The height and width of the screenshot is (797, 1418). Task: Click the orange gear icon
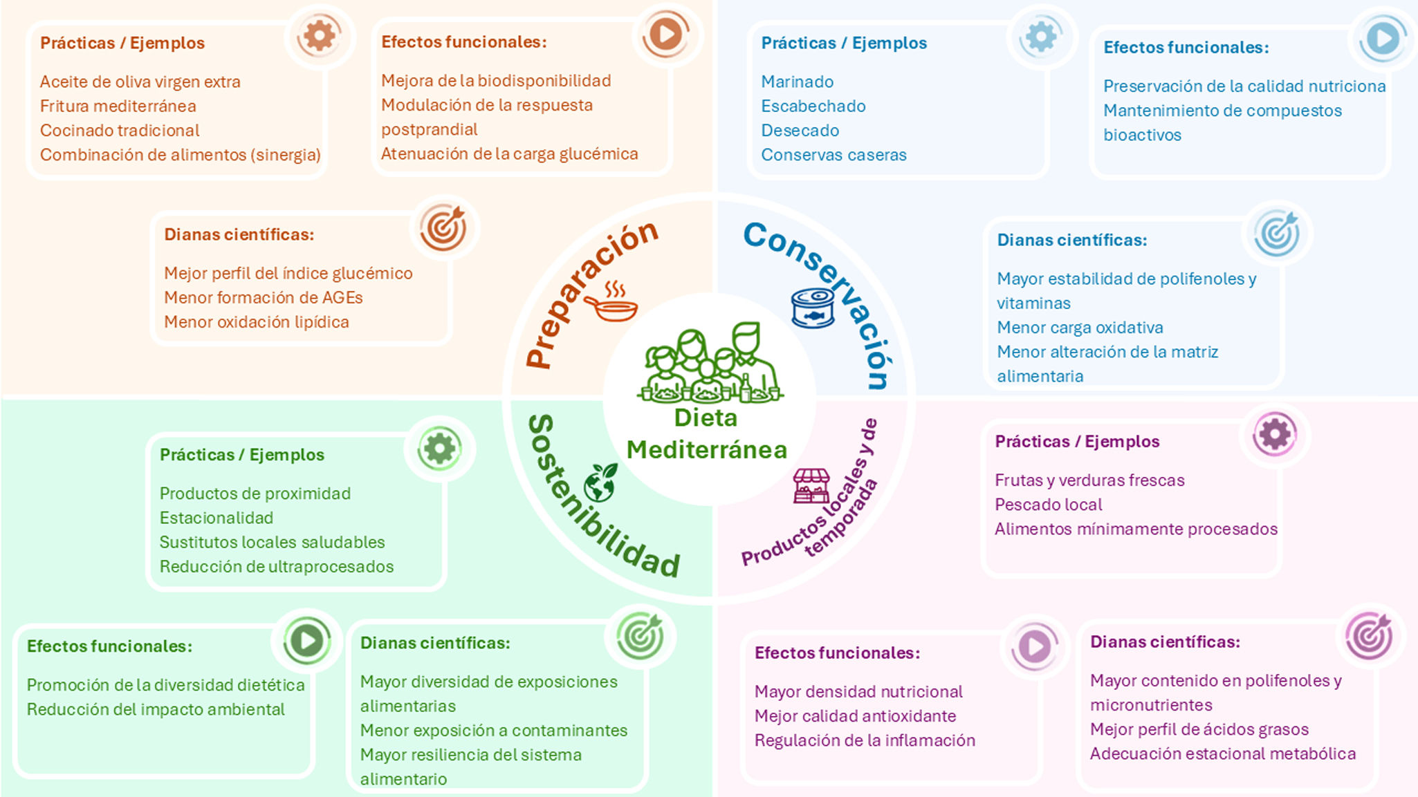click(319, 35)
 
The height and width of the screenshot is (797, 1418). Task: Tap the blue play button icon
click(1383, 38)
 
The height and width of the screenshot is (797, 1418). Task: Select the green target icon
click(640, 636)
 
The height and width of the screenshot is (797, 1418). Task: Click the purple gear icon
click(1275, 434)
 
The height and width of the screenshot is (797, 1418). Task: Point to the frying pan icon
click(611, 302)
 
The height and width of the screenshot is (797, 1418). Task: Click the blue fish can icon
click(813, 308)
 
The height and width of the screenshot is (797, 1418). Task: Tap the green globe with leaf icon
click(600, 482)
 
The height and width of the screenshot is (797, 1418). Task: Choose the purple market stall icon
click(811, 486)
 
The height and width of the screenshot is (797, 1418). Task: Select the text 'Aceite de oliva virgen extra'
click(140, 82)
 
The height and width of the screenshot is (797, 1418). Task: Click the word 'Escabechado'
click(813, 106)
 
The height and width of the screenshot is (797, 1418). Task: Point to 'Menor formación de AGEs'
click(264, 297)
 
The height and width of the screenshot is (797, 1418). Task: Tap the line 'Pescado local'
click(1049, 505)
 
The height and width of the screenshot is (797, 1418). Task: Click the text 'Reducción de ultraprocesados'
click(277, 566)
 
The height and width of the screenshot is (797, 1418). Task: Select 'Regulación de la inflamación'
click(865, 740)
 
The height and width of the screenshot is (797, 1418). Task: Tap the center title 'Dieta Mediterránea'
click(707, 434)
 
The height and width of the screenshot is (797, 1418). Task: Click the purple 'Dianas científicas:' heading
click(1166, 641)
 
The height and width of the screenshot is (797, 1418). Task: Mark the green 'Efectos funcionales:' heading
click(110, 646)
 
